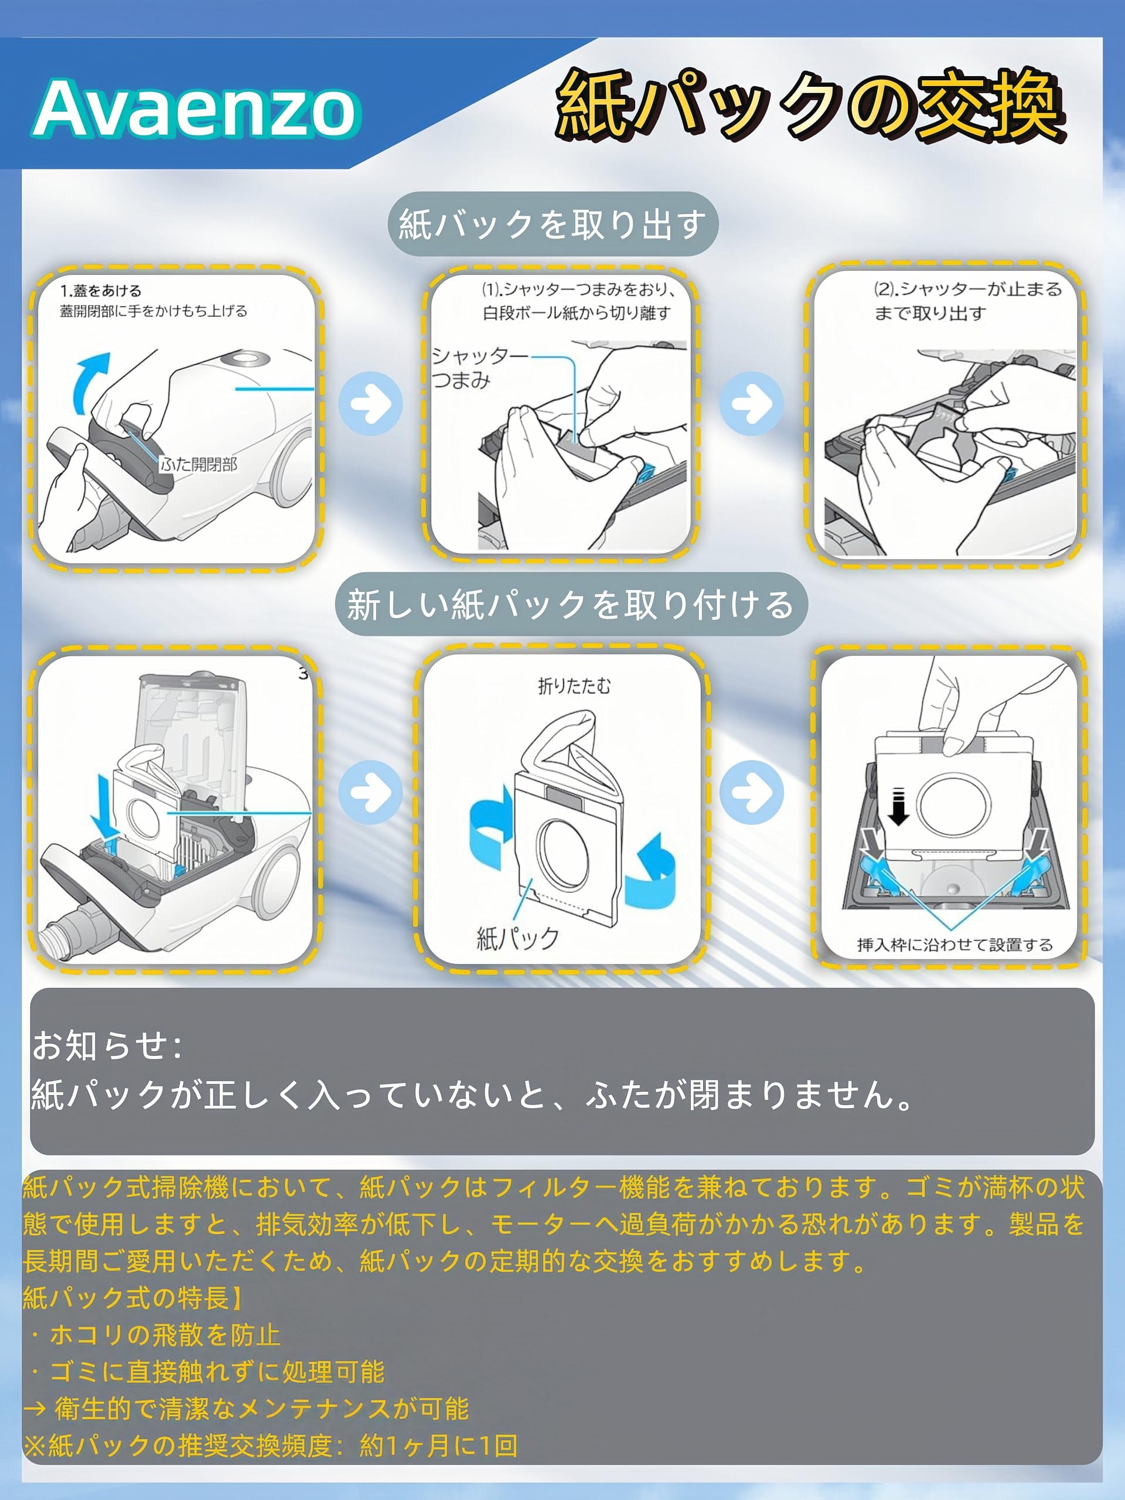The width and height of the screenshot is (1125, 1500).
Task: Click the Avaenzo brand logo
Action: tap(197, 108)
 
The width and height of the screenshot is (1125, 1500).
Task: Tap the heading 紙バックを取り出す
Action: tap(552, 224)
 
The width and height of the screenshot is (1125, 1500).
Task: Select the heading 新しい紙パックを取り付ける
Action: tap(570, 604)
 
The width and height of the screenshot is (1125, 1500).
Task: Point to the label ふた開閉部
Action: tap(199, 465)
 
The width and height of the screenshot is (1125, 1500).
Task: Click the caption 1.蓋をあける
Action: tap(101, 291)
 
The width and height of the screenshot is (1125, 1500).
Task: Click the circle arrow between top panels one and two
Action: tap(370, 404)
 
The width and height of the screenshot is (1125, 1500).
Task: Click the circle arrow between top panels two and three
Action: tap(751, 404)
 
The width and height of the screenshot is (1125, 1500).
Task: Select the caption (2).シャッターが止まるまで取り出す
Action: tap(966, 301)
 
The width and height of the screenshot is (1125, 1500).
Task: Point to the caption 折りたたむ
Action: tap(574, 686)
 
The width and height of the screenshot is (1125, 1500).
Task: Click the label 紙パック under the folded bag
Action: tap(518, 939)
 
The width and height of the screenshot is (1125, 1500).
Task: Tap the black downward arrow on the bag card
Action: tap(898, 807)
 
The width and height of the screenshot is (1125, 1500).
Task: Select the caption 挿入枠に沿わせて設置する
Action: tap(954, 945)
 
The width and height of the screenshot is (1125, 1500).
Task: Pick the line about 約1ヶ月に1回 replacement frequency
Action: tap(271, 1445)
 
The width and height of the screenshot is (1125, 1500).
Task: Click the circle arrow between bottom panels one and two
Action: tap(370, 792)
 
